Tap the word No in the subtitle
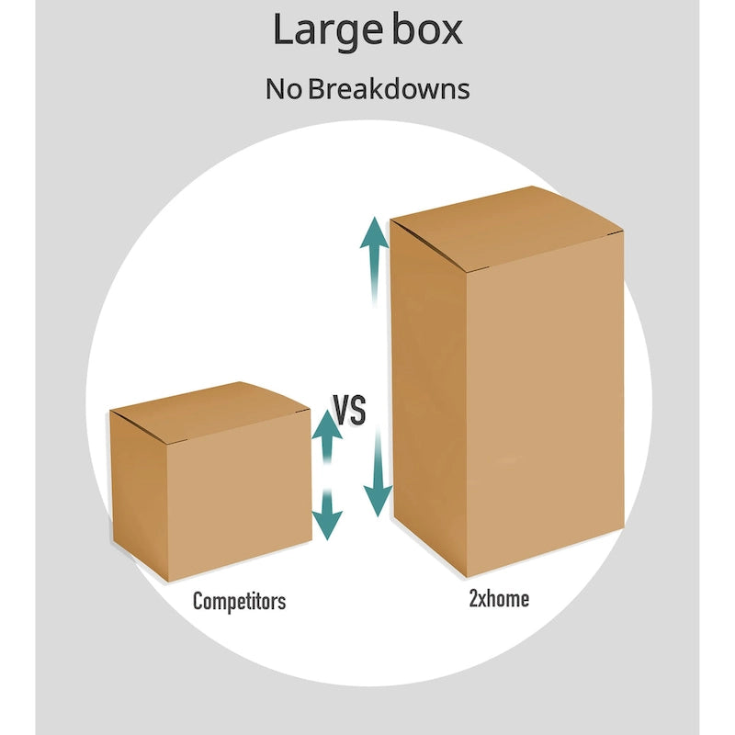coord(283,89)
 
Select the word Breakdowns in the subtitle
coord(390,89)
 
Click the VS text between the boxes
coord(349,410)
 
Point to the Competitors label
coord(239,602)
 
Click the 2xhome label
coord(498,599)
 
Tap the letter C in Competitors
coord(198,602)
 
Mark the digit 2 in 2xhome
coord(472,599)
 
